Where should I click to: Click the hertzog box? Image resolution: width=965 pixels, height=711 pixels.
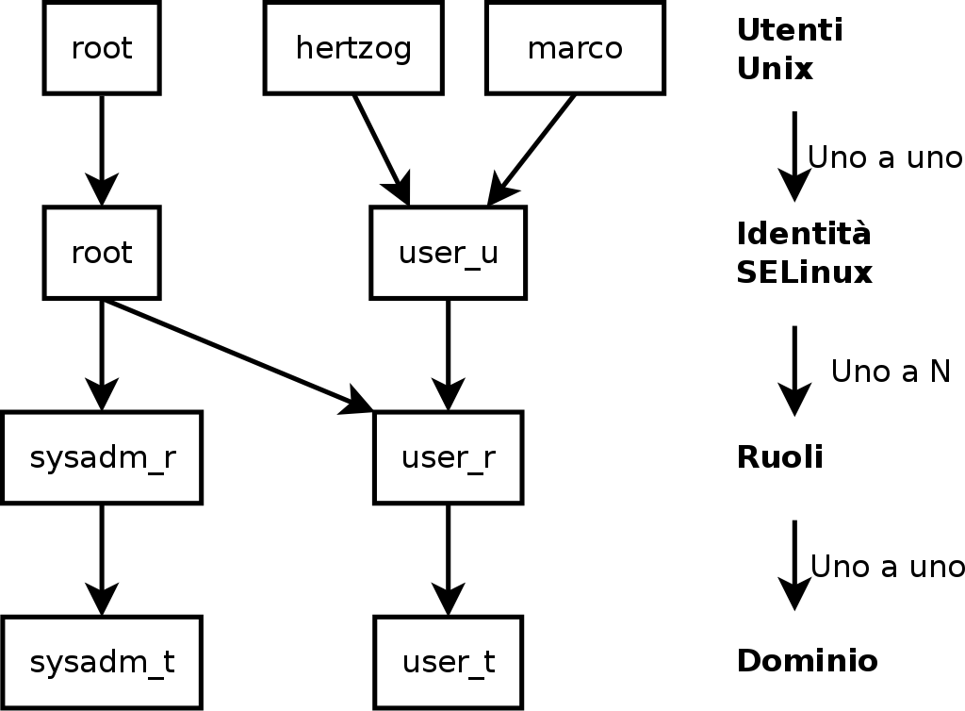tap(353, 48)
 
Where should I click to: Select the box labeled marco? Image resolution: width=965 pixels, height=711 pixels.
tap(575, 48)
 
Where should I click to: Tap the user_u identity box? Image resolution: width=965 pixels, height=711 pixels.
tap(448, 253)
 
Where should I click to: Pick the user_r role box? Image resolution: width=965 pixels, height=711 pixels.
tap(448, 457)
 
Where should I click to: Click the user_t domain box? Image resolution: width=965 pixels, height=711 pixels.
tap(448, 662)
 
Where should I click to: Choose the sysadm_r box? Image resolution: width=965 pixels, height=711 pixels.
tap(102, 457)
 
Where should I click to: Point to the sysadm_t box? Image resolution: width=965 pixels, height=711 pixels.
tap(102, 662)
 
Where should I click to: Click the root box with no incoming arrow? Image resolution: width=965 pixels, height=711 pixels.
tap(102, 48)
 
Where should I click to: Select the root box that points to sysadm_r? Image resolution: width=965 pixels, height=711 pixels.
tap(102, 253)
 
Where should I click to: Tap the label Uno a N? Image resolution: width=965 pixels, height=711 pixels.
tap(890, 372)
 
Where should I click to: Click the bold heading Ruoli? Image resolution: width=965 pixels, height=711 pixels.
tap(779, 457)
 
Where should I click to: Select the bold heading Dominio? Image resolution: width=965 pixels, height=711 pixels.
tap(807, 661)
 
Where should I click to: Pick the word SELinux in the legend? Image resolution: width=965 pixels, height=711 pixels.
tap(804, 273)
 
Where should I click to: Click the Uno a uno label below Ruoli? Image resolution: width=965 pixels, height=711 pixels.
tap(887, 567)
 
